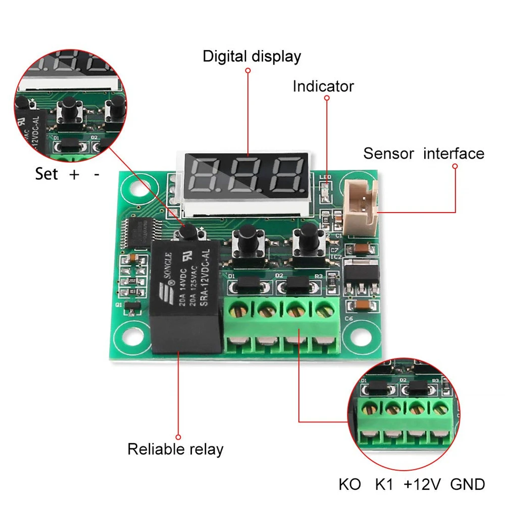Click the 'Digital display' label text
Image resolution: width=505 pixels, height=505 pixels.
(251, 56)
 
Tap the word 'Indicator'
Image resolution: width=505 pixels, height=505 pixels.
(323, 86)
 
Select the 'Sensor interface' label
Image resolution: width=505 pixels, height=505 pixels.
(424, 154)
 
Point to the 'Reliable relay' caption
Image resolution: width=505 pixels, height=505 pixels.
(175, 449)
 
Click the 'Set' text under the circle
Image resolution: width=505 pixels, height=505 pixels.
(46, 174)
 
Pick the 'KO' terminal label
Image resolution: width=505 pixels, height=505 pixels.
(350, 485)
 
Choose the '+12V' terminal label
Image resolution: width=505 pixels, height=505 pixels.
(422, 485)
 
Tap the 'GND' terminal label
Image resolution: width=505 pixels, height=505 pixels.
(468, 485)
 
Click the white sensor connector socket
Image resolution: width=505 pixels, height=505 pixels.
(360, 208)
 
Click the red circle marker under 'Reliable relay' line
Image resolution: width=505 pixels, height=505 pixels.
(178, 436)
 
